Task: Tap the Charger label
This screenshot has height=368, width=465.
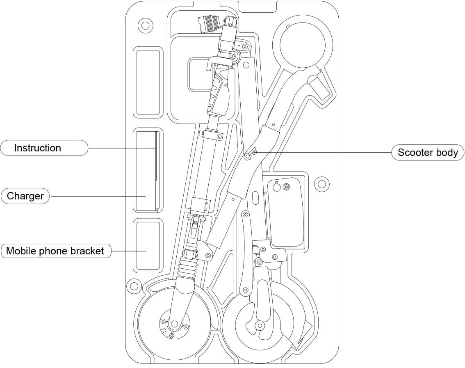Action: tap(25, 196)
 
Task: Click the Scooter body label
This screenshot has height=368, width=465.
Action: tap(428, 153)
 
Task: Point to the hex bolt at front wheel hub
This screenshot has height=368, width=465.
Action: tap(174, 324)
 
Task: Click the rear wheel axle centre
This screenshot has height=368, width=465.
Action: tap(259, 325)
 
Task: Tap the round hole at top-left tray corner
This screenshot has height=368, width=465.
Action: tap(145, 25)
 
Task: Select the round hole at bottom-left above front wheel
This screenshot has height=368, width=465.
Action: tap(134, 284)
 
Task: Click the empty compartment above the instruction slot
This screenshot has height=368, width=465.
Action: tap(148, 82)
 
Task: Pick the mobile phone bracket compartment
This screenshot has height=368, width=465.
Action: tap(148, 245)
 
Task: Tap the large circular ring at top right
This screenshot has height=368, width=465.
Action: tap(303, 44)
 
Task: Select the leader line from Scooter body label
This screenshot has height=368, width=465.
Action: tap(324, 152)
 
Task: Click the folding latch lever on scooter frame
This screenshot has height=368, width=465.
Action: tap(249, 153)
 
